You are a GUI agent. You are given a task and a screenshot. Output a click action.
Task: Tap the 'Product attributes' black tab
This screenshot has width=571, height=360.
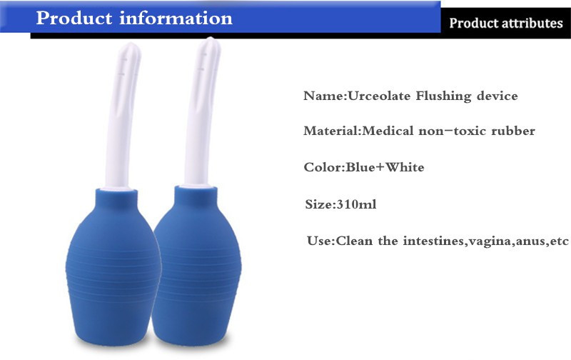click(505, 23)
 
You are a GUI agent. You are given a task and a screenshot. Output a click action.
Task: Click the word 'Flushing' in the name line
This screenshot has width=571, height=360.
click(443, 96)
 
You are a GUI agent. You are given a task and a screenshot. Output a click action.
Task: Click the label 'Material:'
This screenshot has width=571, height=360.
click(333, 131)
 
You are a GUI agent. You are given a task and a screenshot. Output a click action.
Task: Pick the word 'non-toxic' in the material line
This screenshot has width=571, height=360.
click(458, 131)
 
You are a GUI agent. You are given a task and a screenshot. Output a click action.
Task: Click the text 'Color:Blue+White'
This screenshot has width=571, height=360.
click(363, 168)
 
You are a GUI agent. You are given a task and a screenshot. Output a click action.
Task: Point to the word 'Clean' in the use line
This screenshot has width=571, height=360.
click(356, 241)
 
